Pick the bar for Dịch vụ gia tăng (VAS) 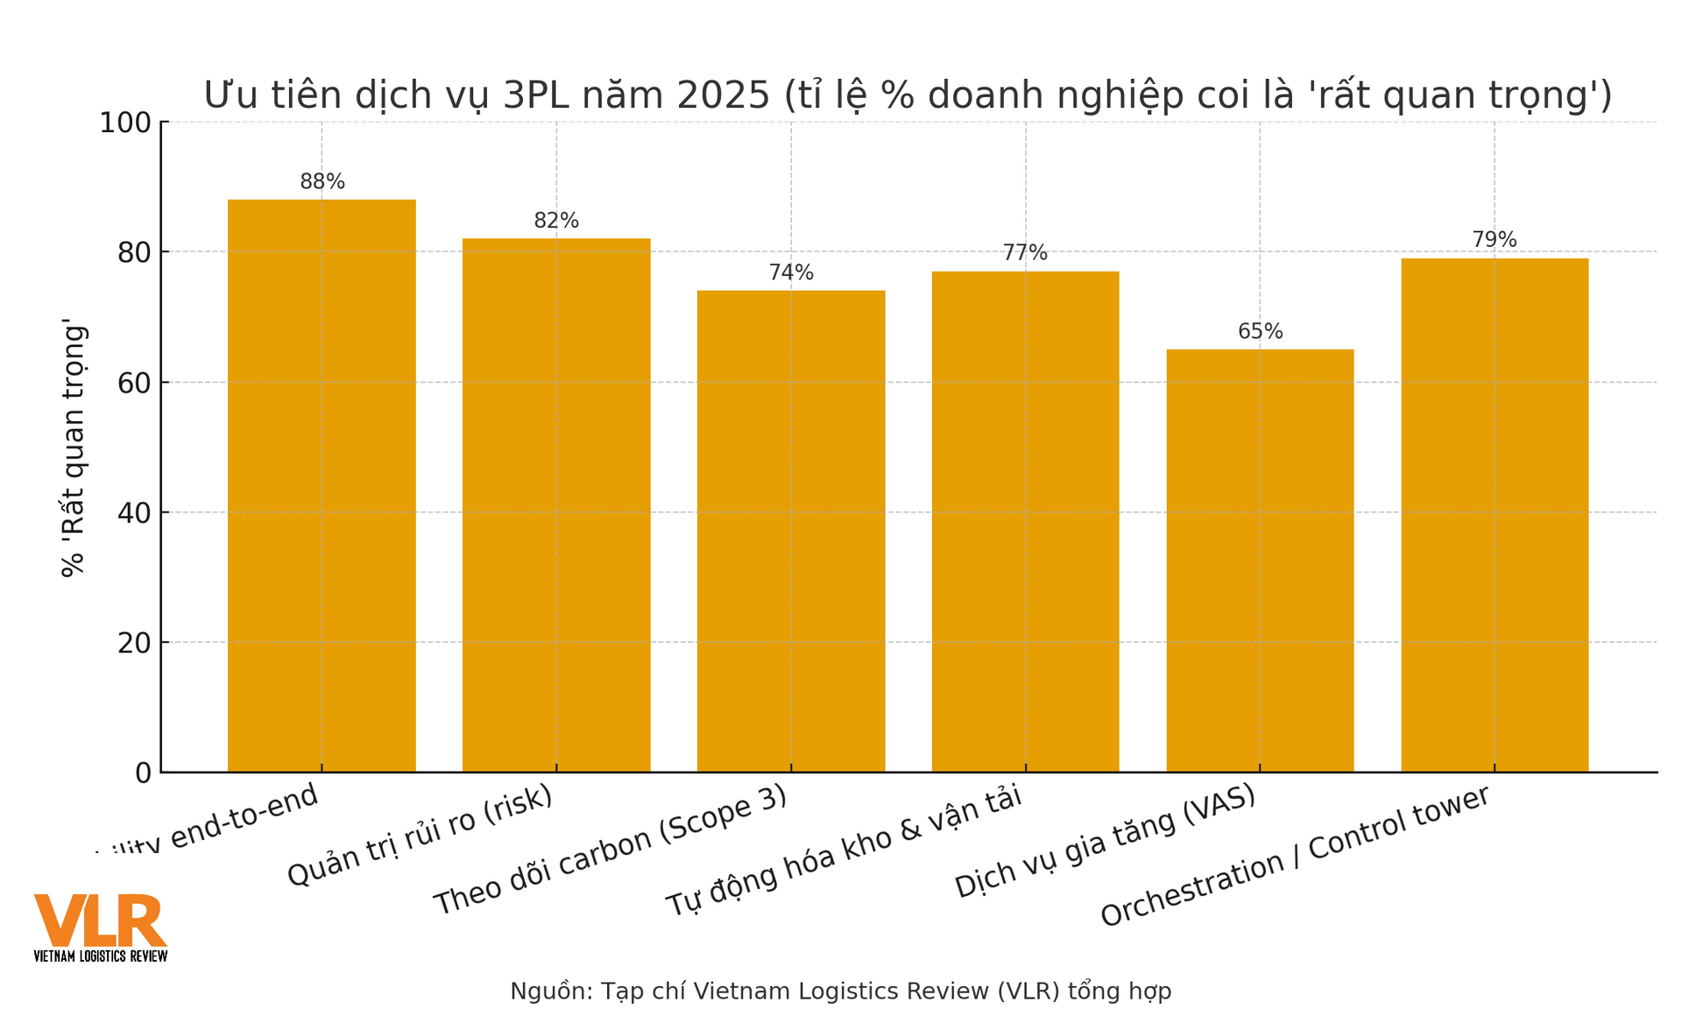point(1260,561)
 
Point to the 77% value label point(1025,253)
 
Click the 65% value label point(1260,332)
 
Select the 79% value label point(1495,240)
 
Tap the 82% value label point(556,221)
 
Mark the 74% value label point(791,272)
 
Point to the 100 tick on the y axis point(125,123)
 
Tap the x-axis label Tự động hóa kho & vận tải point(844,851)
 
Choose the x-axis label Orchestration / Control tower point(1295,856)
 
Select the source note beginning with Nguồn point(840,991)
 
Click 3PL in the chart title point(531,95)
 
